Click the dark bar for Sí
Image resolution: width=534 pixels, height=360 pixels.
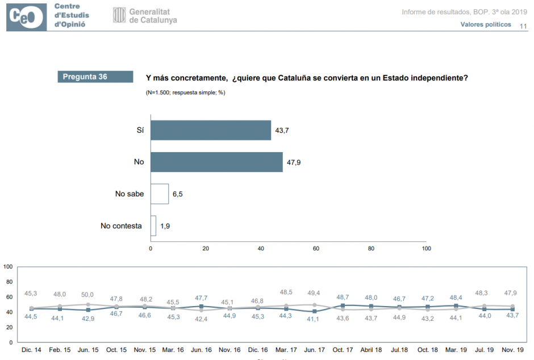coord(210,130)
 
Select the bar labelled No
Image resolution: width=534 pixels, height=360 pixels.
coord(216,162)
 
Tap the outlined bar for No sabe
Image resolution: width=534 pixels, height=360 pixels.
coord(160,194)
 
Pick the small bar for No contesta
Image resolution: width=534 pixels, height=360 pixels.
coord(153,225)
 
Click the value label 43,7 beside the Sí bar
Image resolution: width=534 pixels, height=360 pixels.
coord(282,131)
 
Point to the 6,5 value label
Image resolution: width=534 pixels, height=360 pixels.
coord(177,194)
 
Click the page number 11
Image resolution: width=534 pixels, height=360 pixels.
coord(523,25)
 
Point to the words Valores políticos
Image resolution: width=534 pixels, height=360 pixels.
coord(485,24)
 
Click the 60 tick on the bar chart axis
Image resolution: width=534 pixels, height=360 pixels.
coord(316,248)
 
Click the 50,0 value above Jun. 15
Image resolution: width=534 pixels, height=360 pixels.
coord(87,295)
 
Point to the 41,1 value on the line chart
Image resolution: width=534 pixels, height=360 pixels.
coord(314,319)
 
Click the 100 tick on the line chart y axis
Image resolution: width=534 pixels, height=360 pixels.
coord(8,266)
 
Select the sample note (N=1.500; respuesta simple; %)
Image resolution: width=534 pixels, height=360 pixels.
coord(185,92)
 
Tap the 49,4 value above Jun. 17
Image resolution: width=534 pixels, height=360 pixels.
coord(314,292)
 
